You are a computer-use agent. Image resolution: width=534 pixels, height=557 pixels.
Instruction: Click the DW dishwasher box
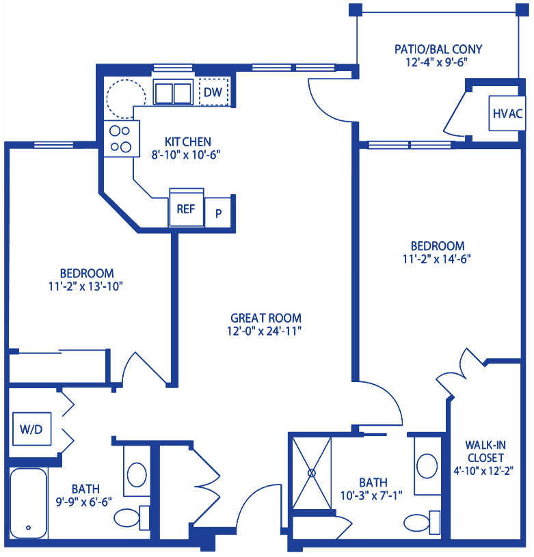coord(213,92)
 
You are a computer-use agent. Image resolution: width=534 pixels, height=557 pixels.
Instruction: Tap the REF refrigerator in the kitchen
coord(187,208)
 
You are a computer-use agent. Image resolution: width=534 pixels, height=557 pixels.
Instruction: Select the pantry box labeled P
coord(218,213)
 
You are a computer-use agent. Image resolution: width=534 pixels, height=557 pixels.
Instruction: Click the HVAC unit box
coord(507,113)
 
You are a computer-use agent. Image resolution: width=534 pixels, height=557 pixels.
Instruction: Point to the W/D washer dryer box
coord(31,429)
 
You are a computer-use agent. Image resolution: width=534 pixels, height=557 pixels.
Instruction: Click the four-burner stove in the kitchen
coord(122,139)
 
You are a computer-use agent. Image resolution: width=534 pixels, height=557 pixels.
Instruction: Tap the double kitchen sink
coord(173,92)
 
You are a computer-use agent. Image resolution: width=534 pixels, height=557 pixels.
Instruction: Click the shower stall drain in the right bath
coord(312,473)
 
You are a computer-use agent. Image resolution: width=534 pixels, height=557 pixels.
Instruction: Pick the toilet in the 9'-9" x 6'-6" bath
coord(131,518)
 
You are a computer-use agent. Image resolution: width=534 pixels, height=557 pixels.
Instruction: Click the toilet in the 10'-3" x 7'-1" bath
coord(422,523)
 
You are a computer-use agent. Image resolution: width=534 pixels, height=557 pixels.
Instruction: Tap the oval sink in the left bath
coord(137,474)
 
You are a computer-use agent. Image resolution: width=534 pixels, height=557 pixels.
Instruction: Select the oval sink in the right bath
coord(427,465)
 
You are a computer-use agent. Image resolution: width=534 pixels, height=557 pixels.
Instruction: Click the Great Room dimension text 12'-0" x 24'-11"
coord(265,331)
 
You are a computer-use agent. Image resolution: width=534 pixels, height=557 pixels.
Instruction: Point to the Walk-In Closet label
coord(485,451)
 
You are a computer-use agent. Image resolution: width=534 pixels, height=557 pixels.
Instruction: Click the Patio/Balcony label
coord(438,49)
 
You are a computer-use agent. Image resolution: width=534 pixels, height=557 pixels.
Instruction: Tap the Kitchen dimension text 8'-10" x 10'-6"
coord(186,155)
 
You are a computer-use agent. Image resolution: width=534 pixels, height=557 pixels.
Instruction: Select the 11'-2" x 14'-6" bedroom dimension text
coord(437,259)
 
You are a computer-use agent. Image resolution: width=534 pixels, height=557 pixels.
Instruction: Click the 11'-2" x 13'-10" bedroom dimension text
coord(85,286)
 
